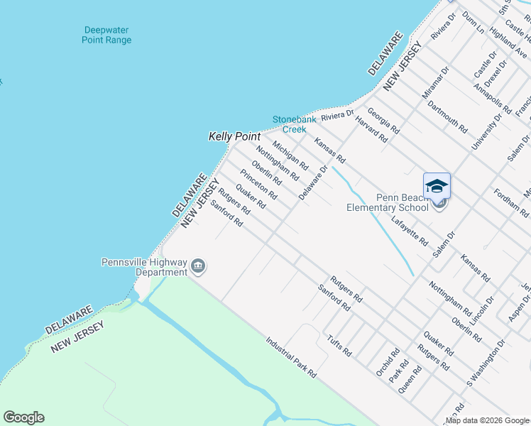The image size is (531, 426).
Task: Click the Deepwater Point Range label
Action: pyautogui.click(x=107, y=35)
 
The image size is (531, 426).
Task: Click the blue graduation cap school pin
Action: pyautogui.click(x=437, y=186)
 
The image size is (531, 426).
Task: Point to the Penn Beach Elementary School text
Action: pyautogui.click(x=387, y=202)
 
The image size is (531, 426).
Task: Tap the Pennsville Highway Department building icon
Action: pyautogui.click(x=198, y=267)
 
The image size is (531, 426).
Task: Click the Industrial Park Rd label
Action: pyautogui.click(x=291, y=356)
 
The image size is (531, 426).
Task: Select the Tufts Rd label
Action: pyautogui.click(x=339, y=344)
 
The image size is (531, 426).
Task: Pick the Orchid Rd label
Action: pyautogui.click(x=384, y=362)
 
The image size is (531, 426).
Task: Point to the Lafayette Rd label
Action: pyautogui.click(x=415, y=231)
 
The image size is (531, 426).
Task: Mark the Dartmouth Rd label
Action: pyautogui.click(x=447, y=116)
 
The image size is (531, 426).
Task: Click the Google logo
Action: pyautogui.click(x=23, y=417)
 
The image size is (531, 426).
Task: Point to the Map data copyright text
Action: pyautogui.click(x=487, y=420)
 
